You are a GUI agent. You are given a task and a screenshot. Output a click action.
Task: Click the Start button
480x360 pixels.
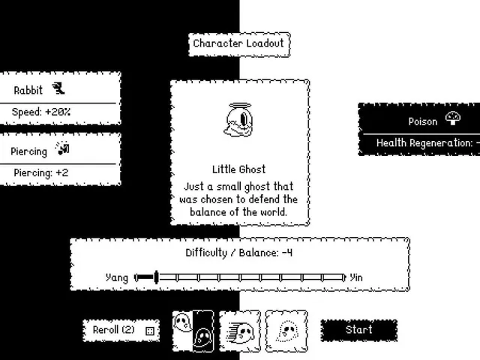tap(359, 330)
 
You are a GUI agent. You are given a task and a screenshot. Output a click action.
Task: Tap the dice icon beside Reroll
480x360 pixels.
tap(150, 331)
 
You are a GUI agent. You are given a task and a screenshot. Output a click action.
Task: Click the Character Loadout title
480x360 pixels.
tap(238, 43)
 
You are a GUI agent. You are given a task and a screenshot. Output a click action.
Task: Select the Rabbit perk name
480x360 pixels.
tap(28, 90)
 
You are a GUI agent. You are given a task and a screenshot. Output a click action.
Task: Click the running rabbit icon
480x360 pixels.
tap(58, 88)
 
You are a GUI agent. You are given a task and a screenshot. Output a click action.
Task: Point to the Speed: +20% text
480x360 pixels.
tap(41, 112)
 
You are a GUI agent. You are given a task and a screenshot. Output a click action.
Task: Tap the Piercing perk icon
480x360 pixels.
tap(62, 148)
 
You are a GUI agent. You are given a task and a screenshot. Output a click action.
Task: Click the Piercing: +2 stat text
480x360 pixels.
tap(41, 173)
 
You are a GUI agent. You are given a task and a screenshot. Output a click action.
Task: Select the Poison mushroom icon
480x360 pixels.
tap(453, 118)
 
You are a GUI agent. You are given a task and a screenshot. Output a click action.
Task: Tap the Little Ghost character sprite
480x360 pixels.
tap(238, 119)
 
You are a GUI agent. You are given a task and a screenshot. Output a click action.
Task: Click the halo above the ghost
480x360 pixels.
tap(240, 106)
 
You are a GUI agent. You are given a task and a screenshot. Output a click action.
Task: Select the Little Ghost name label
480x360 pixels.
tap(238, 169)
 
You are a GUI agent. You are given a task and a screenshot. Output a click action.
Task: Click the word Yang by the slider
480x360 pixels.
tap(117, 278)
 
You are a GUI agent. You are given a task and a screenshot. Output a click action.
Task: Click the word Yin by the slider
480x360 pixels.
tap(356, 277)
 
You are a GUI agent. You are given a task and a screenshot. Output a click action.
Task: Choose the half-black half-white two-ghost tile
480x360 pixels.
tap(193, 331)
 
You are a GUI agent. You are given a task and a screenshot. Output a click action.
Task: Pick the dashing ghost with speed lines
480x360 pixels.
tap(240, 331)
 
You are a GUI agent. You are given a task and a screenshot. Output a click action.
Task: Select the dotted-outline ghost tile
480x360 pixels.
tap(286, 331)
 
